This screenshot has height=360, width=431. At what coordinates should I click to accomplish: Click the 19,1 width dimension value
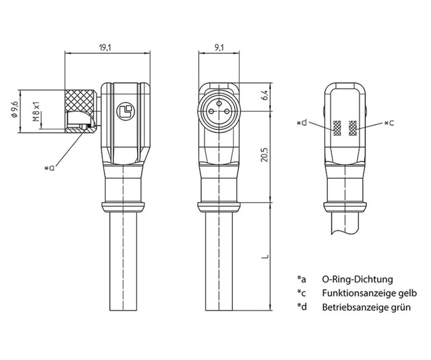[105, 48]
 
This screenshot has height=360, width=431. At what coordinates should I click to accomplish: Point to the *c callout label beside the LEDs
[389, 123]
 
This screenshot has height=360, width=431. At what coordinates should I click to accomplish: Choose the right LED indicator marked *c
[353, 127]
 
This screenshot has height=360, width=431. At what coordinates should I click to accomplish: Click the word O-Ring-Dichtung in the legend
[357, 279]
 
